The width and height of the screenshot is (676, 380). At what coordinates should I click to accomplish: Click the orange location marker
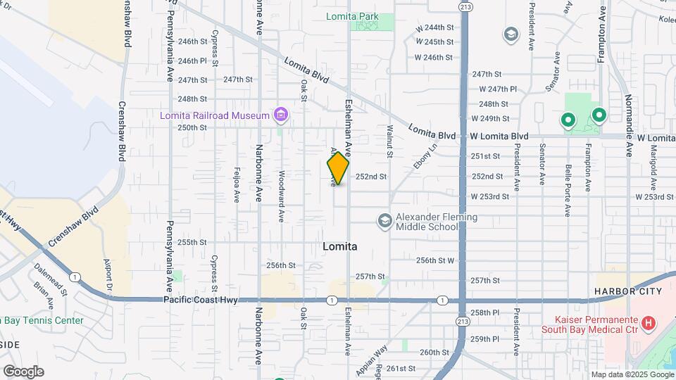pyautogui.click(x=339, y=168)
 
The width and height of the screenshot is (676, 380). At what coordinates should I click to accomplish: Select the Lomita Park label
pyautogui.click(x=352, y=17)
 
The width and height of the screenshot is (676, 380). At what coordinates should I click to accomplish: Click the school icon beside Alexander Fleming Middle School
pyautogui.click(x=384, y=221)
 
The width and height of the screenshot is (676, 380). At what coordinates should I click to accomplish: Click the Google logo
pyautogui.click(x=23, y=371)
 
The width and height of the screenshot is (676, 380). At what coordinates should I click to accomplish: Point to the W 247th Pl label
pyautogui.click(x=498, y=89)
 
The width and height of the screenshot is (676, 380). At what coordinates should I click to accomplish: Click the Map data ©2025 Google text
pyautogui.click(x=632, y=374)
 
